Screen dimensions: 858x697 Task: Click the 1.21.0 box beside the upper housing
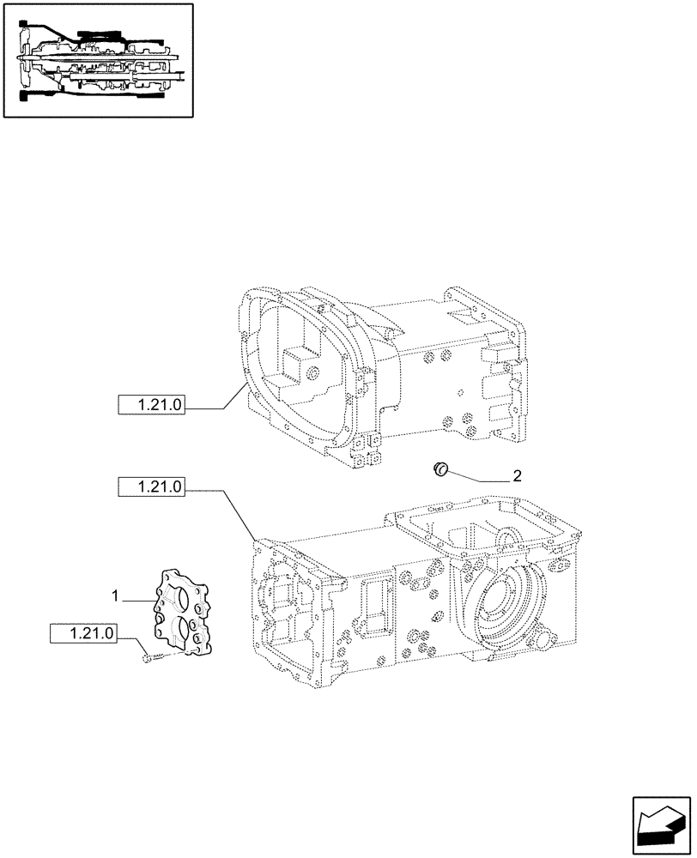pos(152,406)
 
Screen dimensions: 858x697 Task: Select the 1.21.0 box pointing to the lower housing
pos(152,487)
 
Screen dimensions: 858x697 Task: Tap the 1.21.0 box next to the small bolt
pos(83,634)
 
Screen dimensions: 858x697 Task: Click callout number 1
pos(113,595)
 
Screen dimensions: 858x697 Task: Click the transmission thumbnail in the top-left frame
pos(97,59)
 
